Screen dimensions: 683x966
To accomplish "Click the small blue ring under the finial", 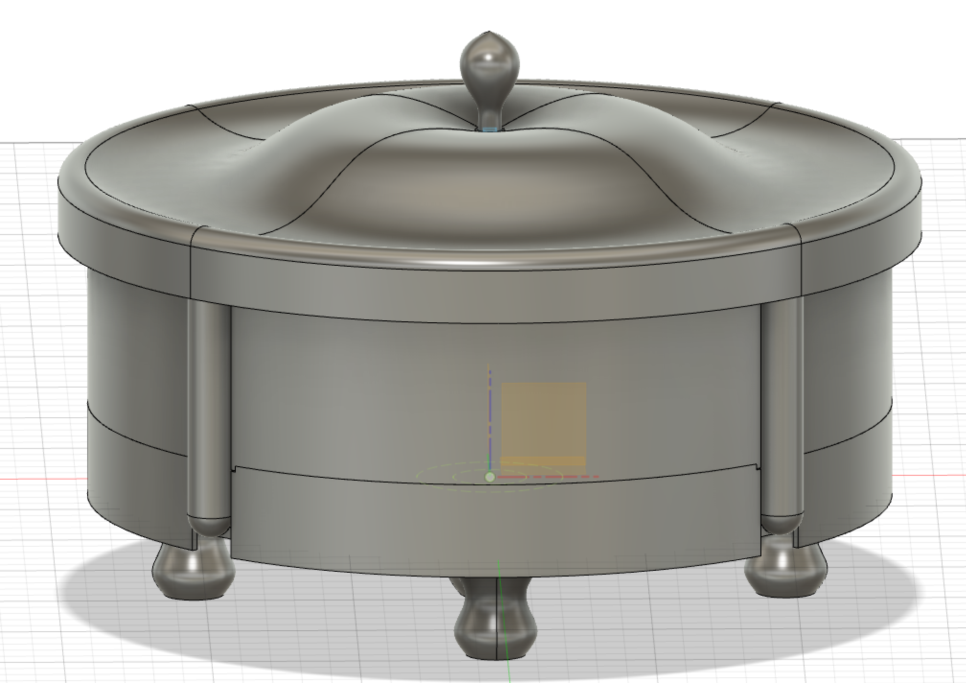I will coord(489,129).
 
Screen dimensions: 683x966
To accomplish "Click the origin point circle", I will coord(489,477).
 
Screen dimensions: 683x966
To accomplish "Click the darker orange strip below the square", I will coord(543,461).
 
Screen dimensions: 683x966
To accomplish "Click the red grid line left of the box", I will coord(43,479).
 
